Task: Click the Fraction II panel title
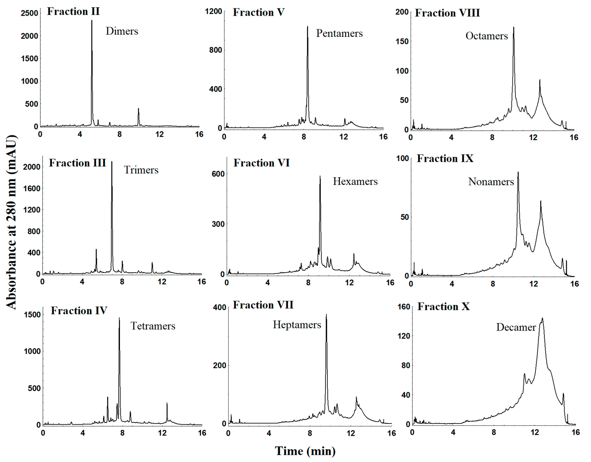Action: tap(73, 12)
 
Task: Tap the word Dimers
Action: tap(122, 31)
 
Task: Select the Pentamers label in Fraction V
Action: tap(339, 33)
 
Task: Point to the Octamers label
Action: tap(486, 36)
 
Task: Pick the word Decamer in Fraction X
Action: tap(516, 327)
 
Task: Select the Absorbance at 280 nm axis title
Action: tap(11, 222)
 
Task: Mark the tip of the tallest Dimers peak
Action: tap(92, 20)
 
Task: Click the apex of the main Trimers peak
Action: tap(112, 162)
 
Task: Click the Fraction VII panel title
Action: tap(263, 305)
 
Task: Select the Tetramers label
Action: tap(153, 326)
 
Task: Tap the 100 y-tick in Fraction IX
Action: tap(402, 158)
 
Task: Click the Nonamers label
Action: tap(491, 182)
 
